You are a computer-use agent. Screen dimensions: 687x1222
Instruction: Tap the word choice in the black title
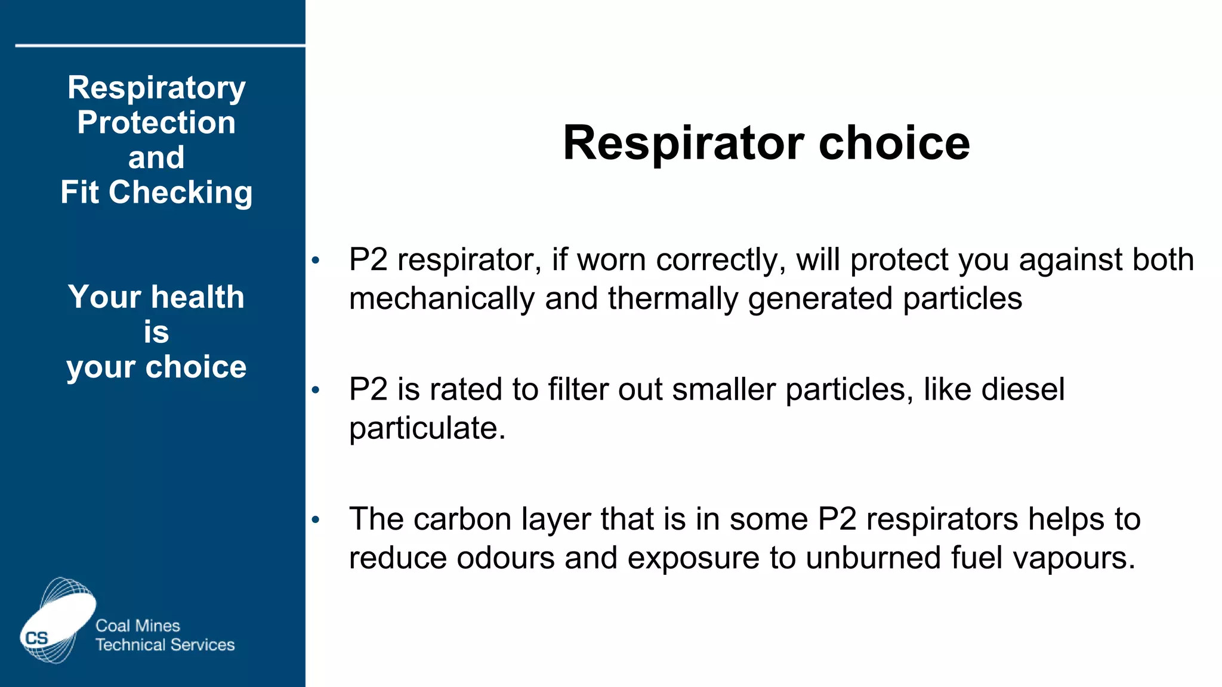[894, 144]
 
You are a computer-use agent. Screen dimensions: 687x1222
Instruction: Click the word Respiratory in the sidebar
[156, 88]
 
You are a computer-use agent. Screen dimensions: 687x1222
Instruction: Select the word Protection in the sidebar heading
[156, 123]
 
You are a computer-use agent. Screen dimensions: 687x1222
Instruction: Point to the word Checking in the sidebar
[180, 193]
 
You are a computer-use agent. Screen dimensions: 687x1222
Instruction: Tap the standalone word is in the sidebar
[156, 332]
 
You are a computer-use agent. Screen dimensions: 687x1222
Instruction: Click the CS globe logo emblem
[57, 620]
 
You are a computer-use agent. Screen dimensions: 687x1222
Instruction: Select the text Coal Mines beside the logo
[138, 626]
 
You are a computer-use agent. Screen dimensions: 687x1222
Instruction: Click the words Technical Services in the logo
[165, 645]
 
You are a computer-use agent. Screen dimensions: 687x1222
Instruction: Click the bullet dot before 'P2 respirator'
[316, 260]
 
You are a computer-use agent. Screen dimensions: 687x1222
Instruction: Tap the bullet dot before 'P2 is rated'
[316, 390]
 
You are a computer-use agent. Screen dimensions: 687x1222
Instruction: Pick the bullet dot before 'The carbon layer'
[316, 519]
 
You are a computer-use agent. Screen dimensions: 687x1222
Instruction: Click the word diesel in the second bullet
[1023, 389]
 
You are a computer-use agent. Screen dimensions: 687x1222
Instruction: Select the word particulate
[427, 429]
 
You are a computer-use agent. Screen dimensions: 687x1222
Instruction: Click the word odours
[506, 558]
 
